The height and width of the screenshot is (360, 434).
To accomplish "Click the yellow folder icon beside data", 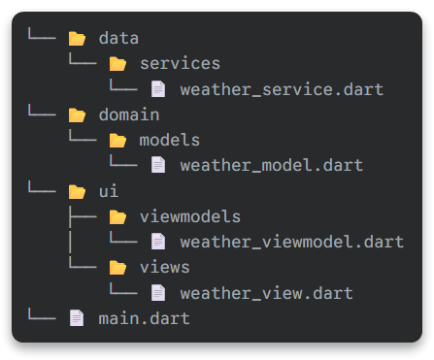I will coord(77,39).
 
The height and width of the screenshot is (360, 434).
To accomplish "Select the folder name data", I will coord(118,39).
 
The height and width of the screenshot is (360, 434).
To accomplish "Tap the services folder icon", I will coord(117,64).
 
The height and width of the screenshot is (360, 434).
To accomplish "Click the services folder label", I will coord(180,64).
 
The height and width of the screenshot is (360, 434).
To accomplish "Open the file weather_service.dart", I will coord(282,89).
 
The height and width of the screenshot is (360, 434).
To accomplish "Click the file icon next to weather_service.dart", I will coord(158,89).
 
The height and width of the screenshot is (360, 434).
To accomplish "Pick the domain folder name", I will coord(129,115).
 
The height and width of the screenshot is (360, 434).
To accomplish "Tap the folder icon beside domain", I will coord(77,115).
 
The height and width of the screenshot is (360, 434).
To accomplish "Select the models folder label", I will coord(170,140).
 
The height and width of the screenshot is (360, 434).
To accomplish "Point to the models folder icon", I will coord(117,140).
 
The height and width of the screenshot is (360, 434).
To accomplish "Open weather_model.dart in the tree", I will coord(271,165).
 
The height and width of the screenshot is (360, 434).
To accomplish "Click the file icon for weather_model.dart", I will coord(158,165).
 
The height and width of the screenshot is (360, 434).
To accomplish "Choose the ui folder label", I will coord(109,191).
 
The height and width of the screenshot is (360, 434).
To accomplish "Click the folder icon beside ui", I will coord(77,191).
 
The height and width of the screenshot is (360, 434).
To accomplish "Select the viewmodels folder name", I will coord(189,215).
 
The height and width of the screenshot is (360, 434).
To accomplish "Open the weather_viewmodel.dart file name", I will coord(291,241).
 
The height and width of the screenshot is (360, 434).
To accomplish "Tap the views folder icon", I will coord(117,267).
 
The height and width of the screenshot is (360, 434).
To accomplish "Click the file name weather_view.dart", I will coord(266,292).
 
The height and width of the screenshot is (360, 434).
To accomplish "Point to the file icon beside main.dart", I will coord(77,317).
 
